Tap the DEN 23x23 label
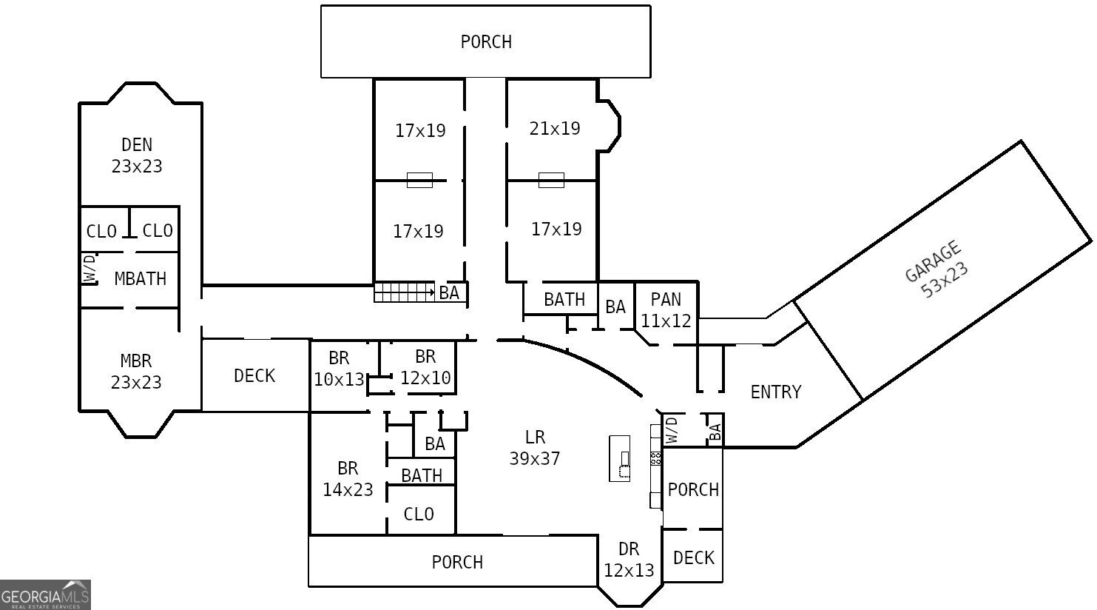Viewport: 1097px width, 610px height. (x=137, y=155)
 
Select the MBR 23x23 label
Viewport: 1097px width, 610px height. (x=136, y=372)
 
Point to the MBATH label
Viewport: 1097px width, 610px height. (x=140, y=279)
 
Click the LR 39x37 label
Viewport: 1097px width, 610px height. (x=534, y=448)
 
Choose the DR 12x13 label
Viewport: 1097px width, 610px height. (x=629, y=560)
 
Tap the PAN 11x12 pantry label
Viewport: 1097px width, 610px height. (x=666, y=310)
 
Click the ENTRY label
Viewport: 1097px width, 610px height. (x=775, y=392)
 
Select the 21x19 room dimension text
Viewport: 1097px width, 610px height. (x=554, y=129)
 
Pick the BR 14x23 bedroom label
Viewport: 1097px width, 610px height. (x=348, y=479)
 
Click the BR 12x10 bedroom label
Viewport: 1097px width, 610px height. (x=425, y=368)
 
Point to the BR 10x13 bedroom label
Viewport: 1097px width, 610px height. (x=339, y=369)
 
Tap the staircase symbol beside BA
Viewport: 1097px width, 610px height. (x=404, y=292)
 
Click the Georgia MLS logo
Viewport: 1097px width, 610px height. (x=45, y=594)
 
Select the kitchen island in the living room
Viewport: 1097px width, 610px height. (x=620, y=458)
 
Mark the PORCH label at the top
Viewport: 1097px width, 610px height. (x=486, y=42)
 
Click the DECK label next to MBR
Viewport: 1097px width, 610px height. (x=254, y=376)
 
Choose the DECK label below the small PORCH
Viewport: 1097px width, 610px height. (x=693, y=558)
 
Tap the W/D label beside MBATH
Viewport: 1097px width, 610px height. (x=90, y=269)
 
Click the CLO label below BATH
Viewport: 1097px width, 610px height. (x=419, y=515)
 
